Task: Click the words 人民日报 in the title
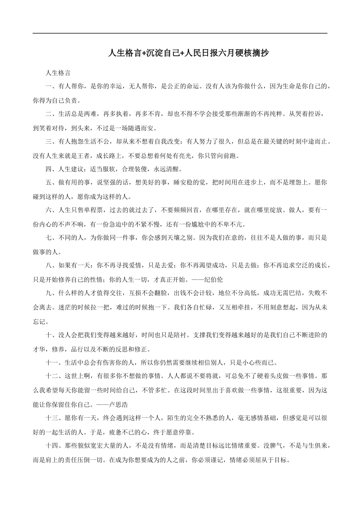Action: click(199, 53)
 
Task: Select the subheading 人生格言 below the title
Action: click(58, 73)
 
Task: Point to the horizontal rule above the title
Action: click(180, 33)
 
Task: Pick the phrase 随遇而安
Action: click(138, 128)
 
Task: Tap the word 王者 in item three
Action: click(84, 156)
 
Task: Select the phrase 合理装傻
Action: click(135, 169)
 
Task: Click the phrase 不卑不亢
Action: click(231, 224)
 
